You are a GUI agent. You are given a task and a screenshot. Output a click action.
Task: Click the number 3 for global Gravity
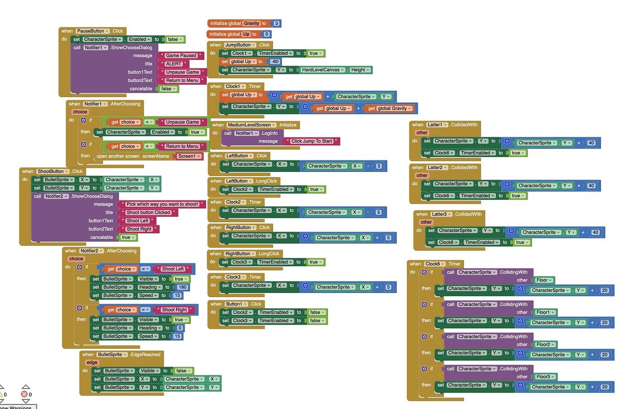276,23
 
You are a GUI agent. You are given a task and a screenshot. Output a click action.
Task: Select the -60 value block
275,61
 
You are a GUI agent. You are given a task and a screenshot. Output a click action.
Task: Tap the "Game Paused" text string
181,55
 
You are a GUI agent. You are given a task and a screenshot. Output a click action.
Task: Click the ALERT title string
173,64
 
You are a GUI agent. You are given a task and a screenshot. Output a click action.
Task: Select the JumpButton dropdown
240,45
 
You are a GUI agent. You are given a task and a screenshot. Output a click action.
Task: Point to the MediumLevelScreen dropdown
251,125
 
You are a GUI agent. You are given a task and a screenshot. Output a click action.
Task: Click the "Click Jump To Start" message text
311,141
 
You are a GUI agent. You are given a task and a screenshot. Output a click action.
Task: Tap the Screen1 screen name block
189,156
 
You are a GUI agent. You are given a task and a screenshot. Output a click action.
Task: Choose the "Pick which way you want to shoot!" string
162,204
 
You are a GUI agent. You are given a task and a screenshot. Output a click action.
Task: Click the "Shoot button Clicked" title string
148,212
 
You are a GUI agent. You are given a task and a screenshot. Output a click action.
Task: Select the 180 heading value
183,287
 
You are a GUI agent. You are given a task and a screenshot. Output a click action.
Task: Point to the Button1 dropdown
236,304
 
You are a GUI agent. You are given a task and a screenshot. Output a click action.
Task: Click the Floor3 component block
545,376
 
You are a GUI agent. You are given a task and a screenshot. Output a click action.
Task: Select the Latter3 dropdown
441,214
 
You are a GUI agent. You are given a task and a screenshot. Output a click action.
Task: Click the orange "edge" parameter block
92,362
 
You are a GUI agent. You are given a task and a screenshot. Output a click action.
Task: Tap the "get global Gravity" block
389,109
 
